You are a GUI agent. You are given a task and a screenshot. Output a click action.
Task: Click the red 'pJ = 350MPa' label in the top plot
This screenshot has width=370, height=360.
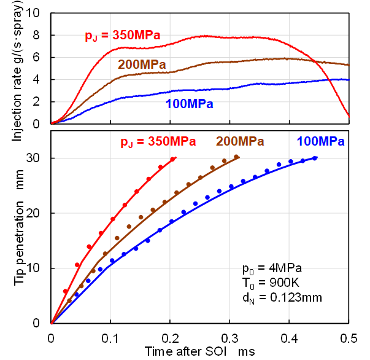[122, 36]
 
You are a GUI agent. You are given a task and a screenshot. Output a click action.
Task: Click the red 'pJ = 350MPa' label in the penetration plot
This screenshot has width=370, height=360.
[158, 142]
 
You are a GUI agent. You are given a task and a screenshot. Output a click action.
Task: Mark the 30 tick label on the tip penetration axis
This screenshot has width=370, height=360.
[38, 158]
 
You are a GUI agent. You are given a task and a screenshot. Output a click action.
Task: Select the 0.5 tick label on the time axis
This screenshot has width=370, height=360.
[349, 337]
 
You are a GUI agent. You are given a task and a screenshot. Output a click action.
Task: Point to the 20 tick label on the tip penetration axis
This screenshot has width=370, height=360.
[38, 213]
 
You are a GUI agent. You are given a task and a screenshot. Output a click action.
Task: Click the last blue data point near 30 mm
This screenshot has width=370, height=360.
[315, 158]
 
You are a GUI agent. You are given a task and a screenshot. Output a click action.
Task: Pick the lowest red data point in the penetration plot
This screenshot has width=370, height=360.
[65, 291]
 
